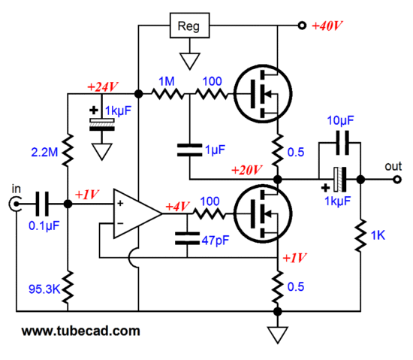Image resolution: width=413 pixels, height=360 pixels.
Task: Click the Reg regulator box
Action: coord(190,26)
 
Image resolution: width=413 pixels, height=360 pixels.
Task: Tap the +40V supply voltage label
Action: coord(327,26)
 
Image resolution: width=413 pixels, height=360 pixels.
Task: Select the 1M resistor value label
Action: coord(167,81)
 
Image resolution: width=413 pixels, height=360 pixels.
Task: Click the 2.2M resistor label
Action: coord(44,153)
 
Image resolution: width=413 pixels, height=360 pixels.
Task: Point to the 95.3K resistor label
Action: coord(44,289)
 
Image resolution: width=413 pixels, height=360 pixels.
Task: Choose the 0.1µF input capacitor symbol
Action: coord(42,204)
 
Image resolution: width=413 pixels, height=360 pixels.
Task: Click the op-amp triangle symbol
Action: coord(137,213)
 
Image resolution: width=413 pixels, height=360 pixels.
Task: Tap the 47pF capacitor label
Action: coord(216,241)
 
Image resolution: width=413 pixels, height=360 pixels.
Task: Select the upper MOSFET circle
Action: coord(263,93)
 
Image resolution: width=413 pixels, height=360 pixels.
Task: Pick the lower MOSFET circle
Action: coord(263,213)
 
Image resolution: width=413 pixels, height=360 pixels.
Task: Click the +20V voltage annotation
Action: coord(247,170)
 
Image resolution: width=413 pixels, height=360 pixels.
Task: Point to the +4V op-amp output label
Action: coord(177,207)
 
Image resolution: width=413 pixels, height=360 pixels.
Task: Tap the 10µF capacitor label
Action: coord(340,121)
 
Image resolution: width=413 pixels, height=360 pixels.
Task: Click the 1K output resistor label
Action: coord(378,235)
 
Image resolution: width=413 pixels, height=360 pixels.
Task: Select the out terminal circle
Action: coord(397,180)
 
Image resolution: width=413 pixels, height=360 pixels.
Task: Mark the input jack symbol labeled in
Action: coord(15,204)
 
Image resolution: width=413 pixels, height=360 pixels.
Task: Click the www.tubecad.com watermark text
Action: coord(80,331)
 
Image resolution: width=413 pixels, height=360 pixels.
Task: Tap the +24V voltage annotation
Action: coord(103,86)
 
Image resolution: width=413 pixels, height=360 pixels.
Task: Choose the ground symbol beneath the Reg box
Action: coord(190,61)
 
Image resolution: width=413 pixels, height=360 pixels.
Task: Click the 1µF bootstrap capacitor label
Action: coord(216,150)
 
